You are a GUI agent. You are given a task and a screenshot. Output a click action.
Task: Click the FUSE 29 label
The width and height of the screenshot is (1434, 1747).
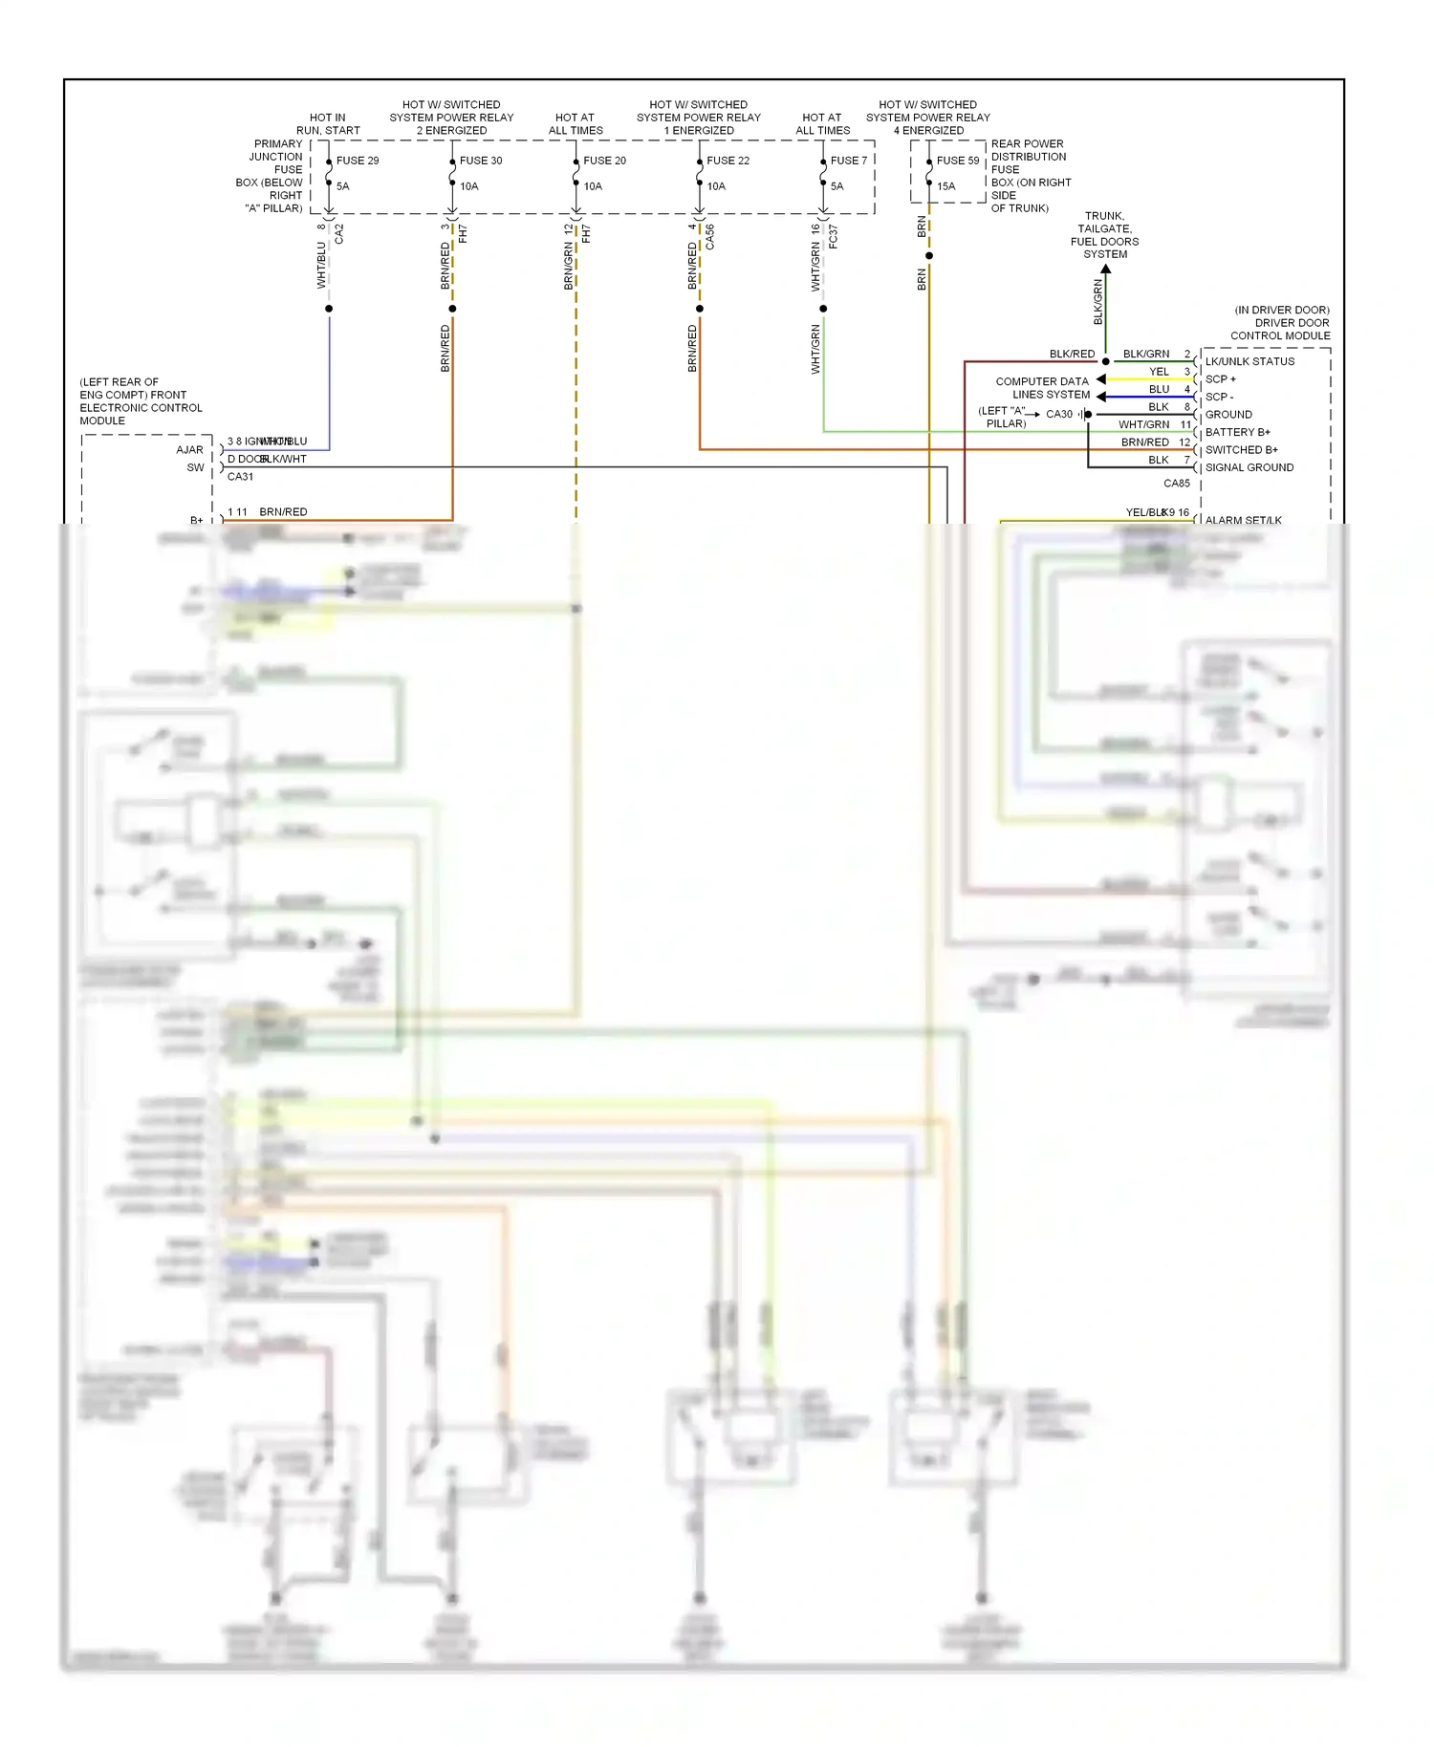358,161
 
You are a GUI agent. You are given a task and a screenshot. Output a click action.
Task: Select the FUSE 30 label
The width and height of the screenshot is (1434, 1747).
481,161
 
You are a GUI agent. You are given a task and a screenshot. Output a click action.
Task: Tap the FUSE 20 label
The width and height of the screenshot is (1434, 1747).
604,161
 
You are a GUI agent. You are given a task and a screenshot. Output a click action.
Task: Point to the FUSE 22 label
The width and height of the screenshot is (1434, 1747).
728,161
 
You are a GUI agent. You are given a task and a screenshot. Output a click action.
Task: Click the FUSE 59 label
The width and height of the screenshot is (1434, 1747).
957,161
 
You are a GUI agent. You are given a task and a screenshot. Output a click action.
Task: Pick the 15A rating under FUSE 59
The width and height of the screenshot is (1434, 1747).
945,186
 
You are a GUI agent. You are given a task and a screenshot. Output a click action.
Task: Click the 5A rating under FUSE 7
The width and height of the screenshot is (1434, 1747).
836,186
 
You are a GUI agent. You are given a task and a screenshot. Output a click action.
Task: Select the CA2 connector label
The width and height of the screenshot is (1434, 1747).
339,234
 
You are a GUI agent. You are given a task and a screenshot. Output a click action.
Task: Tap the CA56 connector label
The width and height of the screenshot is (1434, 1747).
709,237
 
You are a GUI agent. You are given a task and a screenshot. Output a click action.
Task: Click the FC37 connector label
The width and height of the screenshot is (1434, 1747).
833,237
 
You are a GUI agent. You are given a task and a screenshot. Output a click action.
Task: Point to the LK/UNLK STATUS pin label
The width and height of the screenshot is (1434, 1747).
1249,361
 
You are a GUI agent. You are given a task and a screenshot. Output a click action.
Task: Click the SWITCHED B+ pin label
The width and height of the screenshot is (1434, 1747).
1241,450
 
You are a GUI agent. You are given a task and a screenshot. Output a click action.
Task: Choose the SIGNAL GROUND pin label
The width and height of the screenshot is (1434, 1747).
1249,467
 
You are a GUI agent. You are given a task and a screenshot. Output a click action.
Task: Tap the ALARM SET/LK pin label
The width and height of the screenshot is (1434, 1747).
1243,520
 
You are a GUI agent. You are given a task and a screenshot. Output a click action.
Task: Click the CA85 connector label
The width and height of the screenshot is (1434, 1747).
1176,484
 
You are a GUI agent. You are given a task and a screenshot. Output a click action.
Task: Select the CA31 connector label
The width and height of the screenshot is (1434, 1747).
240,477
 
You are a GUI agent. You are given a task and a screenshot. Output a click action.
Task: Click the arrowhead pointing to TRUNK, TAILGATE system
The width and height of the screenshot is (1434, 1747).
1105,270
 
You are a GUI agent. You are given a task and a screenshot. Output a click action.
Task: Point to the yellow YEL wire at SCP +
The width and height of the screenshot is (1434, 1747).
1147,379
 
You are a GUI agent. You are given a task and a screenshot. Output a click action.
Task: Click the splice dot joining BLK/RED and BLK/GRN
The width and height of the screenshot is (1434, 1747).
1105,361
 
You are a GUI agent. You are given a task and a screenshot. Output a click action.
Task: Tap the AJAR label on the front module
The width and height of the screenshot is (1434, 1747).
189,450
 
